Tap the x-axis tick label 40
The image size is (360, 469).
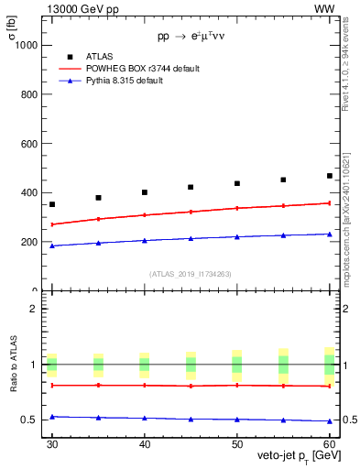145,443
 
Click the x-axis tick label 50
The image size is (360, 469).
237,443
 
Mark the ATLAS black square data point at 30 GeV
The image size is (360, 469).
52,204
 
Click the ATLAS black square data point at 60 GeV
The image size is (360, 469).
330,176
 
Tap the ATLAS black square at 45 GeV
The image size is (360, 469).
191,187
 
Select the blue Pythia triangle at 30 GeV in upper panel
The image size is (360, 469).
52,245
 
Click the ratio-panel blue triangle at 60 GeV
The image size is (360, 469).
330,421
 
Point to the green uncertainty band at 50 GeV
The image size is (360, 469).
237,365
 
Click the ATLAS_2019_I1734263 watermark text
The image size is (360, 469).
190,274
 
